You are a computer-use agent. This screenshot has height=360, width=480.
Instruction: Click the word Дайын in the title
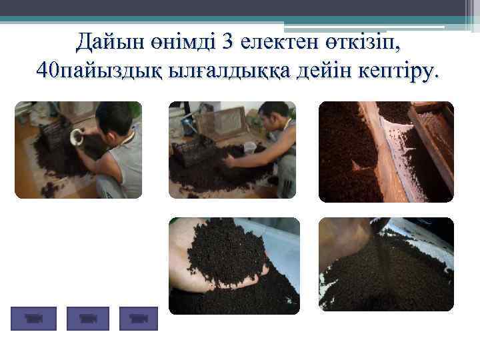tap(109, 44)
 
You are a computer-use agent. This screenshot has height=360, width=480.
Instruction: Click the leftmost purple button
tap(34, 319)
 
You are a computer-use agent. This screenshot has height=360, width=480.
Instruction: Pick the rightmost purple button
tap(138, 319)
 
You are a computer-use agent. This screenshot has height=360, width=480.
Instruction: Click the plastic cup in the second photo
tap(250, 147)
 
